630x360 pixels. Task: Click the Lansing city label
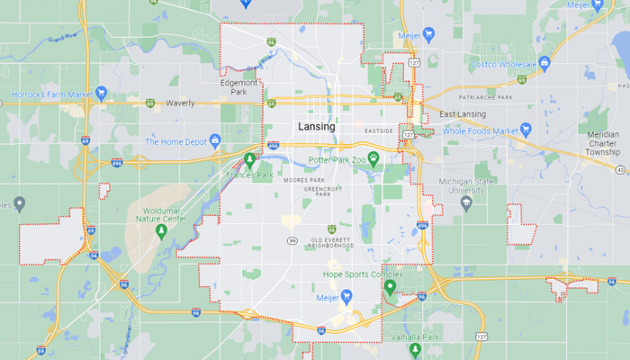pos(317,127)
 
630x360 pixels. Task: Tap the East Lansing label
pos(463,114)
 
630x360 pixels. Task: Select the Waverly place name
pos(180,103)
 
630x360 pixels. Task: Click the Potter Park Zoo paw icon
pos(372,158)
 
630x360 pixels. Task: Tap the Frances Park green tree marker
pos(249,161)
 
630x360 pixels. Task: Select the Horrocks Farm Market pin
pos(102,93)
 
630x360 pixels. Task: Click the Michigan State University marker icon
pos(466,202)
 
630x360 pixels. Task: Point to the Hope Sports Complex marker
pos(390,287)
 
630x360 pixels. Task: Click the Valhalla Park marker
pos(415,348)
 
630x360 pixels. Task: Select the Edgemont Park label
pos(238,86)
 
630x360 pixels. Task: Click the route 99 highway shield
pos(292,240)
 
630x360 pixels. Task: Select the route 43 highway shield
pos(620,169)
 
